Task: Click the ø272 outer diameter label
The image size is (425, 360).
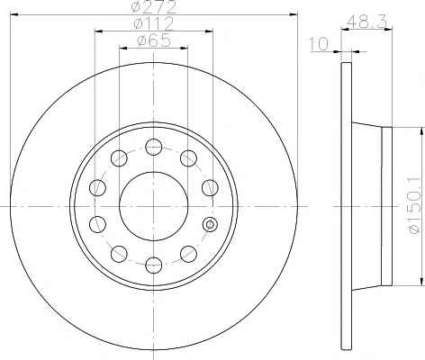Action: point(154,6)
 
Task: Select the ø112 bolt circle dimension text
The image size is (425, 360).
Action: point(153,23)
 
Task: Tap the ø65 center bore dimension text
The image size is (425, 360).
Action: point(153,40)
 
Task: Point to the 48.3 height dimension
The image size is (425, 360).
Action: point(366,22)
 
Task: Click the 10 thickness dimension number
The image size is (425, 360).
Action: point(319,44)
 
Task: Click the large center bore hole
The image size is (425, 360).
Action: point(153,206)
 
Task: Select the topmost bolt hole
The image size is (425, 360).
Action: point(153,147)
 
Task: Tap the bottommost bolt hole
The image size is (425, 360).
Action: point(153,265)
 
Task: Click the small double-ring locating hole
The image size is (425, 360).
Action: point(210,224)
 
